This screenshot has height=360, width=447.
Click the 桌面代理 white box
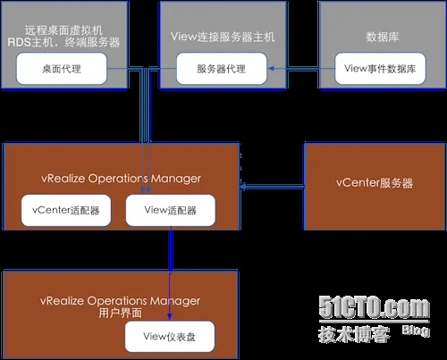coord(62,69)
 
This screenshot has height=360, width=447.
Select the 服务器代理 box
coord(222,69)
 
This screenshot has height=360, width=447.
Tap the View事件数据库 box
coord(380,69)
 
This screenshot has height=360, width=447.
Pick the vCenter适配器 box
coord(66,210)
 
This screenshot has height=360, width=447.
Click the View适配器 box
coord(171,210)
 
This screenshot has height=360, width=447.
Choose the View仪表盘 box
coord(170,337)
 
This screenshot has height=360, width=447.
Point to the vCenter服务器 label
coord(375,183)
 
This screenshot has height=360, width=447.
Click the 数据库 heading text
coord(383,37)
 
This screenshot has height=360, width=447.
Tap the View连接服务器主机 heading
coord(223,37)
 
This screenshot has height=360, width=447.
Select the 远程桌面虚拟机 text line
coord(63,30)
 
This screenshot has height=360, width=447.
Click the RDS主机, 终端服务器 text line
coord(63,42)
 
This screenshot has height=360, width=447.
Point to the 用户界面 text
coord(120,313)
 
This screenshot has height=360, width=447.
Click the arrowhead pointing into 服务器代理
coord(271,69)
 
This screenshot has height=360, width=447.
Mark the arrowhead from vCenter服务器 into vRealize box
coord(242,187)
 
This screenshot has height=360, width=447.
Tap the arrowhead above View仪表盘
coord(170,316)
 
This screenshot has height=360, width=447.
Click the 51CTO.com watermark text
coord(375,306)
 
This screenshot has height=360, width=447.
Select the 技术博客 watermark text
coord(354,334)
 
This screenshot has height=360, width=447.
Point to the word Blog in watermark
coord(416,331)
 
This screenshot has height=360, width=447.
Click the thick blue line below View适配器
coord(171,249)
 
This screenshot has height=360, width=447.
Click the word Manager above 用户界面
coord(175,301)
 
